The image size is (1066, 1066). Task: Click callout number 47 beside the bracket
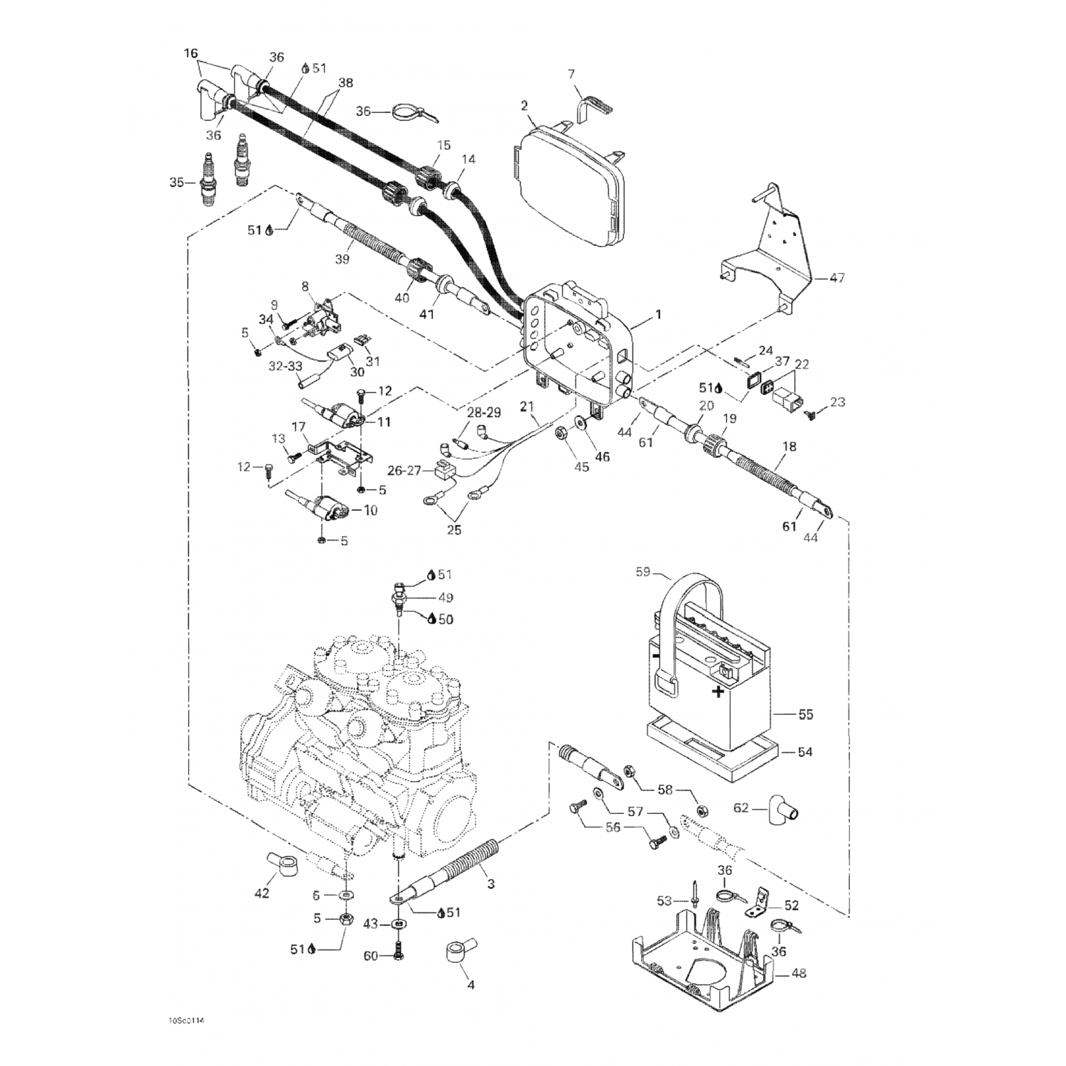[x=836, y=278]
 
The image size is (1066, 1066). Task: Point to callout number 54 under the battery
[x=804, y=752]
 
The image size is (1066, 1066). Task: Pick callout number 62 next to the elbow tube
[x=741, y=808]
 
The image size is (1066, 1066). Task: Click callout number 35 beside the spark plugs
[x=177, y=183]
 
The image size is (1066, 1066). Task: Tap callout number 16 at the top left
[x=190, y=53]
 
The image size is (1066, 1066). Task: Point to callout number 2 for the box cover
[x=524, y=106]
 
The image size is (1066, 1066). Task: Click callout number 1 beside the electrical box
[x=658, y=313]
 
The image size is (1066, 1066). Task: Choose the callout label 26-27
[x=404, y=470]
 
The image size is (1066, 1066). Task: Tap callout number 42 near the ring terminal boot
[x=262, y=893]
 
